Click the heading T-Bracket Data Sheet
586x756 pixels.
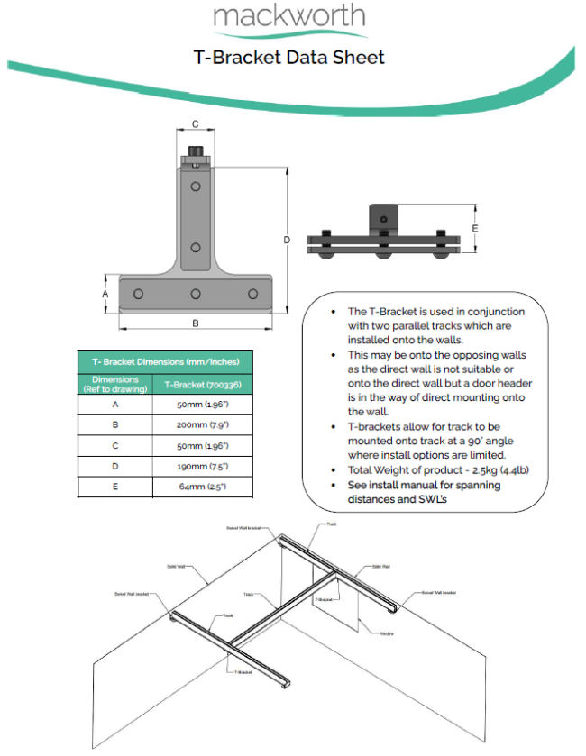[288, 58]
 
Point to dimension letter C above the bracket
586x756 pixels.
[195, 125]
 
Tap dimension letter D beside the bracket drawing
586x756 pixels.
[287, 240]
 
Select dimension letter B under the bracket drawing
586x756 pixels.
[195, 323]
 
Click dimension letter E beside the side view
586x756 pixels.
[475, 228]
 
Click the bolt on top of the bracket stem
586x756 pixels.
[195, 150]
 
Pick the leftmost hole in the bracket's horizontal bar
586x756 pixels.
[138, 294]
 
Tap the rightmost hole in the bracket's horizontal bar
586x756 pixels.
[252, 294]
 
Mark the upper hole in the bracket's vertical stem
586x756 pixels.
[196, 187]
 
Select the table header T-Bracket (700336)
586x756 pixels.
[202, 386]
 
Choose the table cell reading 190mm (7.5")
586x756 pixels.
[202, 467]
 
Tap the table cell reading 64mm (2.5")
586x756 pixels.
[202, 487]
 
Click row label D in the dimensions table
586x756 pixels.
[114, 467]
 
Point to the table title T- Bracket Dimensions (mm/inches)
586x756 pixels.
[164, 361]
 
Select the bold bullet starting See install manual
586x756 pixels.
[424, 492]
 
